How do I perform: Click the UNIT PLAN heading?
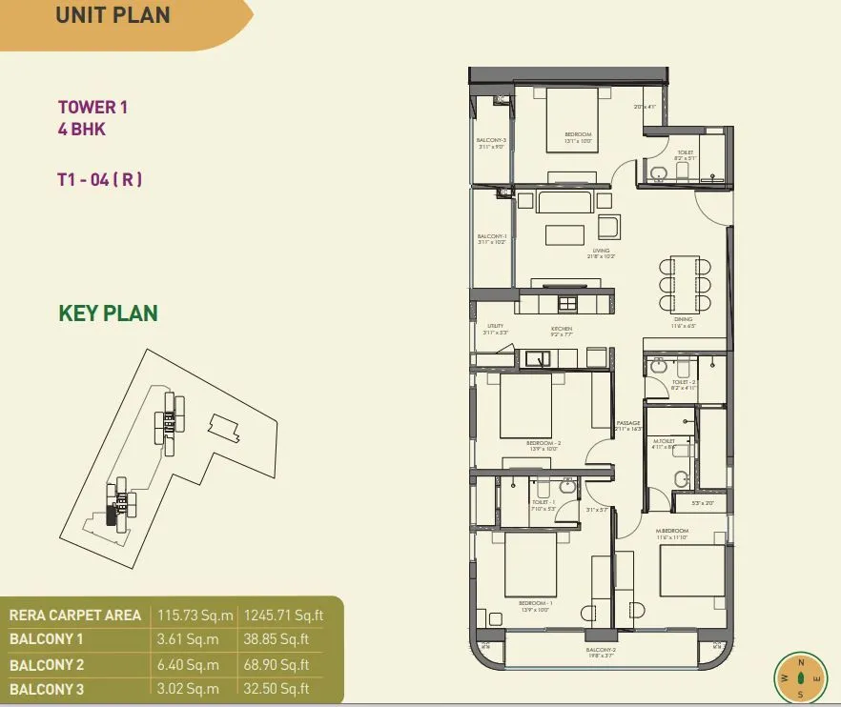click(113, 15)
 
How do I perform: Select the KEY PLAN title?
click(108, 313)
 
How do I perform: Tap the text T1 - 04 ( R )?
click(99, 178)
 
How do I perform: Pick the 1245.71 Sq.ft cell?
click(284, 616)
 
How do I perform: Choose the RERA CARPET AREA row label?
click(75, 616)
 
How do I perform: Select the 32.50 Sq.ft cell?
click(277, 689)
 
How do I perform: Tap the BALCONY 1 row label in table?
click(47, 640)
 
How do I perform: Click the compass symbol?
click(800, 677)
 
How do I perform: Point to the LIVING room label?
click(600, 251)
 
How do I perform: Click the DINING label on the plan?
click(684, 320)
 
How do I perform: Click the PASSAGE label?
click(628, 423)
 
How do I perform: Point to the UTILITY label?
click(495, 326)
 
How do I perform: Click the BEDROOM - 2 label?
click(544, 443)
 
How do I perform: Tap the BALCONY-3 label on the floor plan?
click(490, 140)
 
